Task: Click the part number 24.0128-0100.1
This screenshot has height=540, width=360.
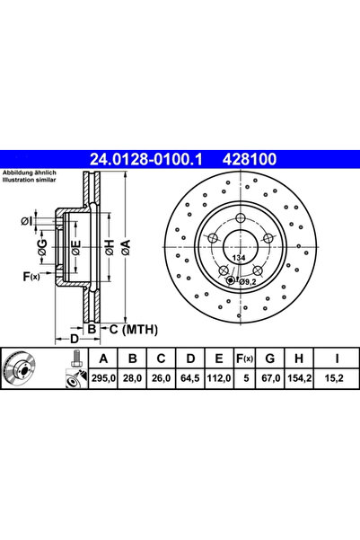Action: [x=146, y=159]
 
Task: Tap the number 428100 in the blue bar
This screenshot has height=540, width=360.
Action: [x=250, y=159]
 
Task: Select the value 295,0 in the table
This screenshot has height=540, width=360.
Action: [x=103, y=378]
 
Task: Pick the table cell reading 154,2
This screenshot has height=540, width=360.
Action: [x=299, y=378]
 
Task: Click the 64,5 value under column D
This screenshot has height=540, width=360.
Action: [x=190, y=378]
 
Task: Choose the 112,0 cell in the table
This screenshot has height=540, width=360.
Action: [x=218, y=378]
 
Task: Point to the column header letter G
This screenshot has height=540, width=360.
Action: [x=270, y=359]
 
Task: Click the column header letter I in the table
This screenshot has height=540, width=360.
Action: [x=337, y=359]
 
